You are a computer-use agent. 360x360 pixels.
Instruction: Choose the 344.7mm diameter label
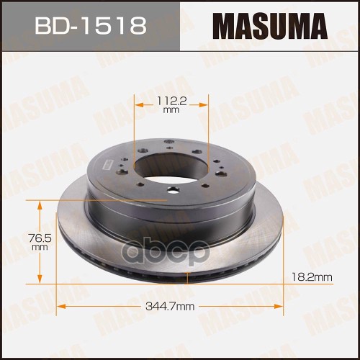[x=171, y=307]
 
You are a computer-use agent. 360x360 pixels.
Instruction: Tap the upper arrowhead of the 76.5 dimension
[x=40, y=202]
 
